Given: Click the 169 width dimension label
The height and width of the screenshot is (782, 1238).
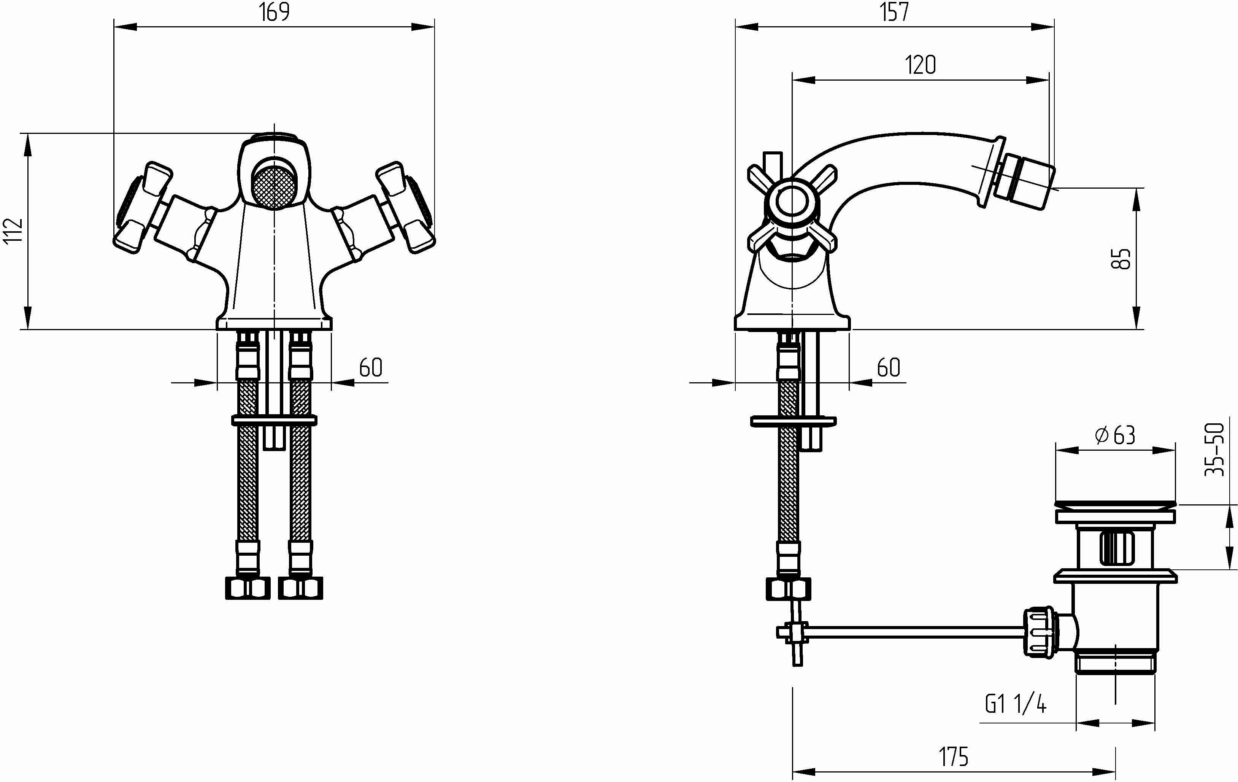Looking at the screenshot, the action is coord(275,12).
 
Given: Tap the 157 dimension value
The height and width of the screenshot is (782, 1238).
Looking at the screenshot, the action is coord(895,12).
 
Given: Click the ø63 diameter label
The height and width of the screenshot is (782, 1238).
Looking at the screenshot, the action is coord(1114,435).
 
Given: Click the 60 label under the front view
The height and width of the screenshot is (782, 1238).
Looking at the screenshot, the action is coord(371,367).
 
